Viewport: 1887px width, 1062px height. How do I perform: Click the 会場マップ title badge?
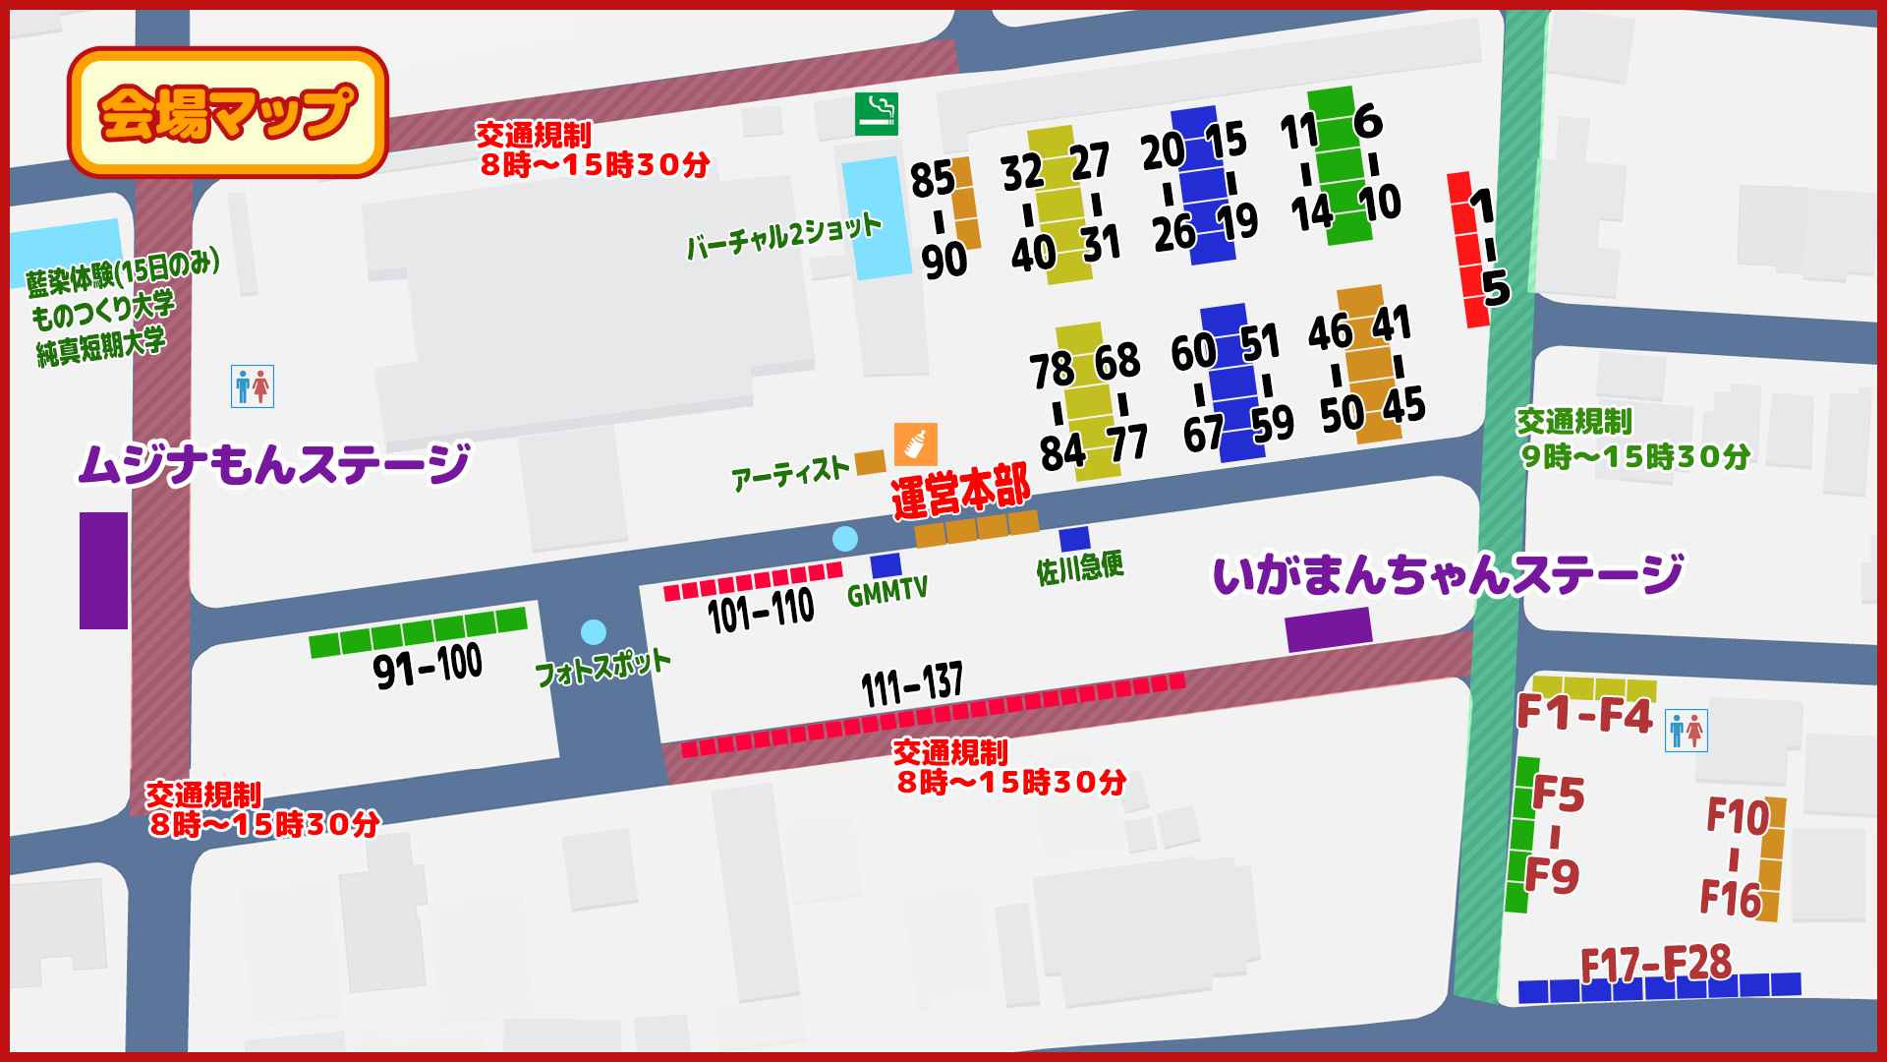click(227, 112)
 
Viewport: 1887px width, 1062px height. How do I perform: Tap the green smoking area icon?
click(876, 114)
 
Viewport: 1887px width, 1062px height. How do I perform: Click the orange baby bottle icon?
click(915, 444)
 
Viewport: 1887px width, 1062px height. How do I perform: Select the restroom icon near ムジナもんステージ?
click(253, 386)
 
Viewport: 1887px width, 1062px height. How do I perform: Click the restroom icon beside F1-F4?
click(1686, 731)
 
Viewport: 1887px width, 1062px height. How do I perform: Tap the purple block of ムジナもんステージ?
click(103, 570)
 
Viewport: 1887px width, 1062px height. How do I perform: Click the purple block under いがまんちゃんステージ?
click(1328, 629)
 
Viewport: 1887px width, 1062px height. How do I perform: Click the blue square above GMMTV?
click(886, 565)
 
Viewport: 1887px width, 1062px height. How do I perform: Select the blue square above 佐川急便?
click(1074, 539)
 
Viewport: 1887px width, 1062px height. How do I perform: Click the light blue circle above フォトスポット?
click(594, 631)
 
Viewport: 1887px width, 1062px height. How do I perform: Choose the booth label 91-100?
click(428, 666)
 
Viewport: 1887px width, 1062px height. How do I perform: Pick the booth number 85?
click(932, 180)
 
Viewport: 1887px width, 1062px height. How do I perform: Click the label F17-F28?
click(1655, 964)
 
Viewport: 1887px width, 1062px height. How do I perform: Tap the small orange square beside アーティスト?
click(870, 462)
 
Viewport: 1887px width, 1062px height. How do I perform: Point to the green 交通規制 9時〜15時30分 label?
click(1631, 440)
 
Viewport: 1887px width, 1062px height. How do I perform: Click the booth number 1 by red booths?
click(1482, 206)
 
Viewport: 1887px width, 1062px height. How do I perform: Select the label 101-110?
click(761, 612)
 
